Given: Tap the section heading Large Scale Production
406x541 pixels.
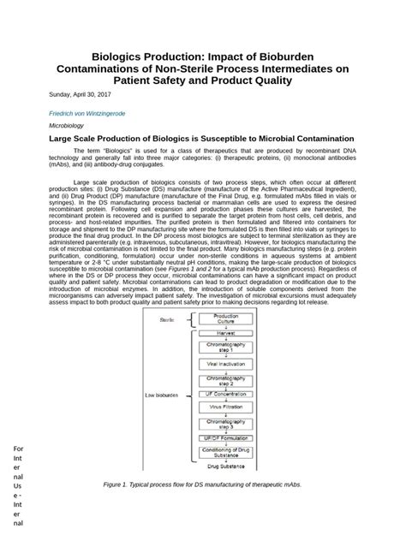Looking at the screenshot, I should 202,138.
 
